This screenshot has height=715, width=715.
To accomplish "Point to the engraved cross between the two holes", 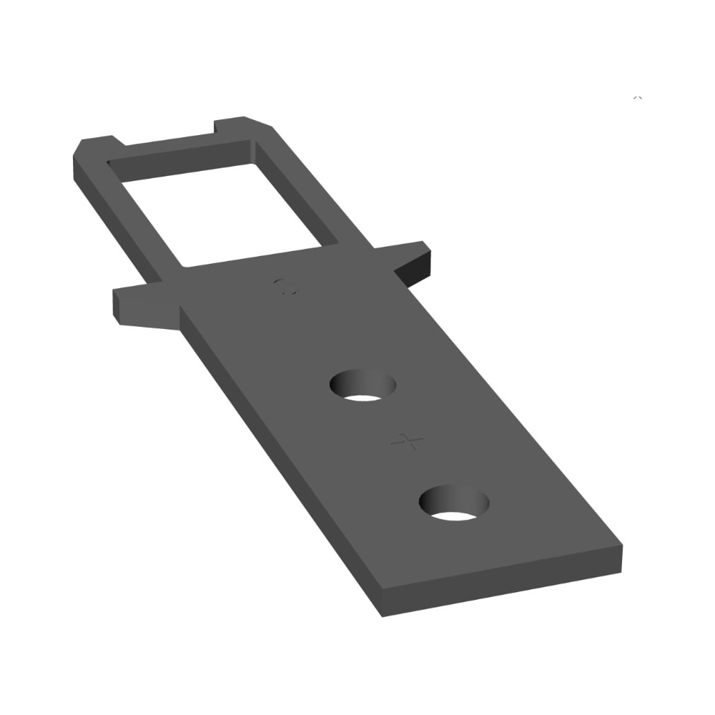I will (x=408, y=441).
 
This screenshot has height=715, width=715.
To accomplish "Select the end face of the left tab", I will (x=117, y=306).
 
